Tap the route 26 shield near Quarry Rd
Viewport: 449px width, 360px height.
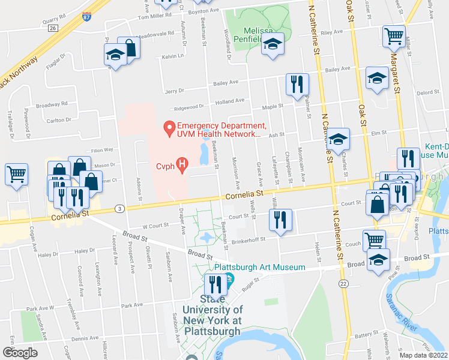click(x=53, y=28)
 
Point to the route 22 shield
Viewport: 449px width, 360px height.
click(x=343, y=283)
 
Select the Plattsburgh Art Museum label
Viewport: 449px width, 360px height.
click(x=260, y=267)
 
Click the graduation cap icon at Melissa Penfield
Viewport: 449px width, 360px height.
click(x=273, y=45)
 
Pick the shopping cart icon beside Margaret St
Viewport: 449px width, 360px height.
click(x=394, y=36)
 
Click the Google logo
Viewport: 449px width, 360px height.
click(x=20, y=352)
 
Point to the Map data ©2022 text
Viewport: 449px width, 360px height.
click(x=424, y=355)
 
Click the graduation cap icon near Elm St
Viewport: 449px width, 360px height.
click(x=338, y=139)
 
